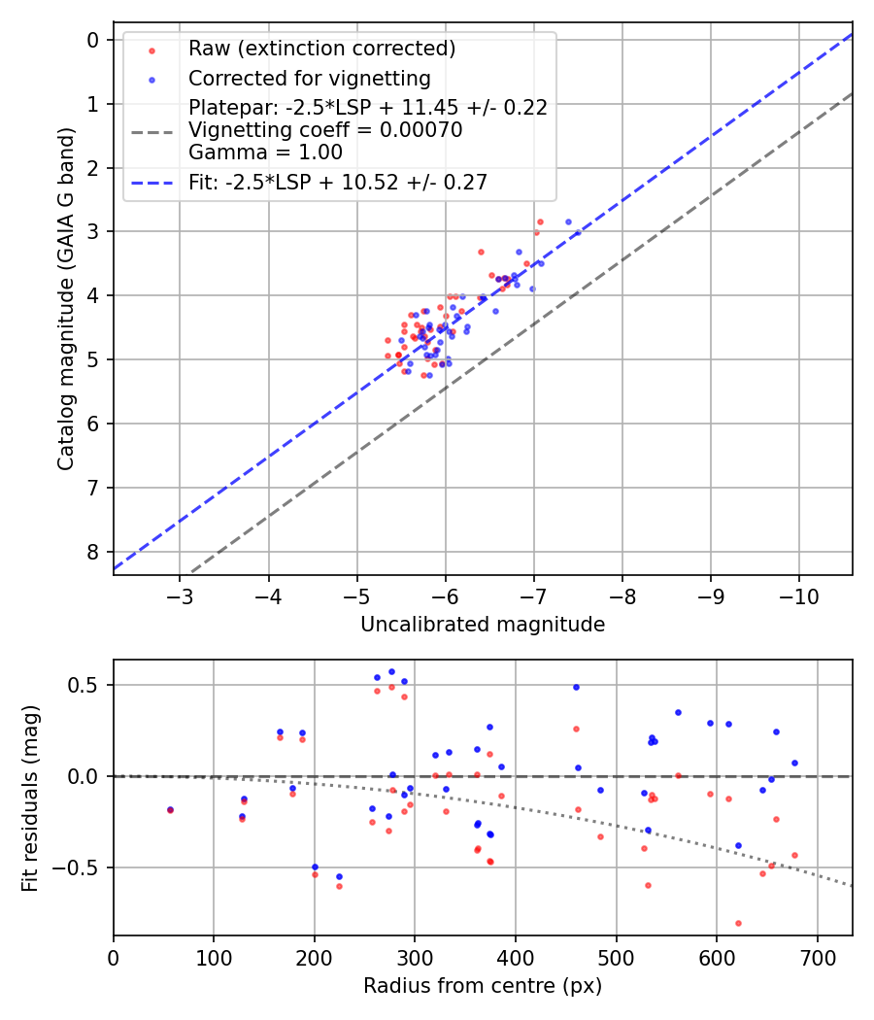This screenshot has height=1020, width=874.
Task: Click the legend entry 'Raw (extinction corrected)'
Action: pos(321,49)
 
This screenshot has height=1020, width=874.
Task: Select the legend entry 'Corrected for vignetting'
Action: pos(309,78)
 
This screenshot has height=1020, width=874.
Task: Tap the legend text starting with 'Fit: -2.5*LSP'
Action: pos(338,182)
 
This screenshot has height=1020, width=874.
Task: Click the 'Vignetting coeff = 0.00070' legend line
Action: pos(325,129)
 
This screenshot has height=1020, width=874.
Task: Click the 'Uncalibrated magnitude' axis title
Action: pos(483,625)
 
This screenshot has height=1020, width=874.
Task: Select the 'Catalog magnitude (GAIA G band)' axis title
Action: pos(66,297)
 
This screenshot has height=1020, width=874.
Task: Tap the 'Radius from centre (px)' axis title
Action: pos(483,986)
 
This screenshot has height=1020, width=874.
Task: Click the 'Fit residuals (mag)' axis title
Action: pos(31,798)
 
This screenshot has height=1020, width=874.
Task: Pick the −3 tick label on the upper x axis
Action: pos(180,595)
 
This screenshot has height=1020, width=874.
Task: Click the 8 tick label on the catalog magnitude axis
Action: pos(93,552)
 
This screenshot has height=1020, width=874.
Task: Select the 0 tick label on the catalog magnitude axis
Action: pos(93,40)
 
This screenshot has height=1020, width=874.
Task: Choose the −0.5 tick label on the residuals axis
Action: pos(82,867)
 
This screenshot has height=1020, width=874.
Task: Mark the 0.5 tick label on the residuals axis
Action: pos(87,685)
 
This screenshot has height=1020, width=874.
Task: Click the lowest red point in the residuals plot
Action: pos(738,923)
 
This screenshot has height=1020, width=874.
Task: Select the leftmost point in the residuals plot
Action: pos(170,809)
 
